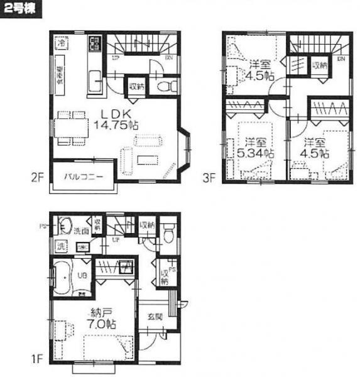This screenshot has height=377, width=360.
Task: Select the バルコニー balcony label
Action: click(x=82, y=177)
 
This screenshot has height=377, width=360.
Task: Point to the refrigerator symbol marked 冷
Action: click(x=61, y=44)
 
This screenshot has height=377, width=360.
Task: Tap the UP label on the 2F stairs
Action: click(x=115, y=58)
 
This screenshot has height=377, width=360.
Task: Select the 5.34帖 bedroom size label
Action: click(x=256, y=151)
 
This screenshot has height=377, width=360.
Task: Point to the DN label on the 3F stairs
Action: click(x=340, y=58)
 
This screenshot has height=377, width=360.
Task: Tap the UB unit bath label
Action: click(x=82, y=275)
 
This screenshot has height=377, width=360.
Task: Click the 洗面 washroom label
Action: click(x=80, y=231)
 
